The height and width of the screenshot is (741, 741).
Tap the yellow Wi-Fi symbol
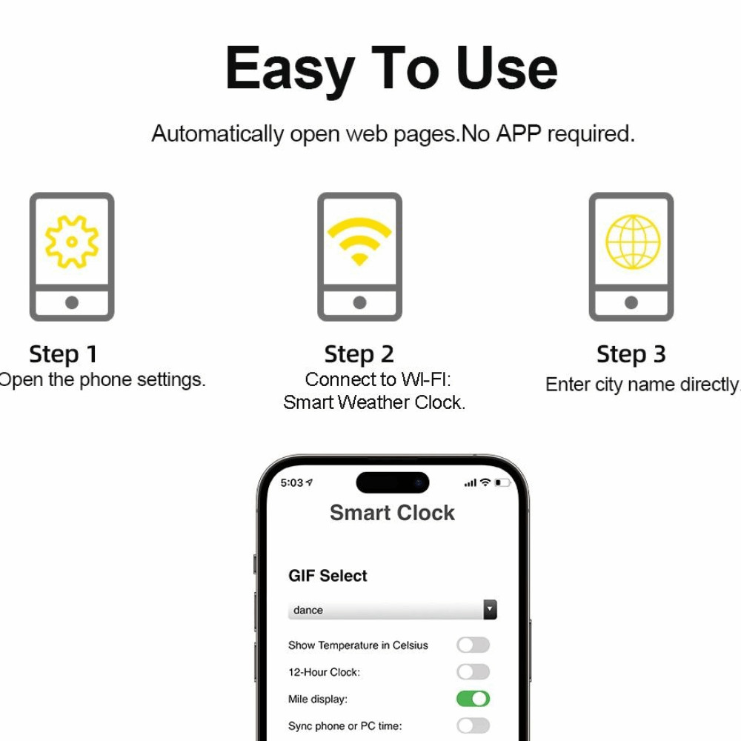tap(359, 241)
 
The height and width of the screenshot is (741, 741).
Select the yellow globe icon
tap(633, 242)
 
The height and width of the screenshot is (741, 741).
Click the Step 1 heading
tap(63, 354)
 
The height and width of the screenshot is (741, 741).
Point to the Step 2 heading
tap(359, 354)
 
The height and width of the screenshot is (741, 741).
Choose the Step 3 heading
tap(631, 354)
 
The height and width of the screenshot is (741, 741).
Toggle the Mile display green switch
tap(473, 699)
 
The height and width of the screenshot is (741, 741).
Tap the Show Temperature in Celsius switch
tap(473, 645)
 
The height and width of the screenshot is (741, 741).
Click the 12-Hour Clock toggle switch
tap(473, 671)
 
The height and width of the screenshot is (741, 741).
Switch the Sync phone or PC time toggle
tap(473, 725)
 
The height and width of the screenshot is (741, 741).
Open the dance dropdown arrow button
tap(490, 609)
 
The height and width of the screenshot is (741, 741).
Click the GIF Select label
tap(328, 576)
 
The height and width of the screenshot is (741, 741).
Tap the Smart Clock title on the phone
tap(392, 513)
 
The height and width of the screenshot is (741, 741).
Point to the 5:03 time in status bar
tap(291, 482)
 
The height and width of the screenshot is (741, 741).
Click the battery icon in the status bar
tap(502, 482)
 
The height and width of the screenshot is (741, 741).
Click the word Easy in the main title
tap(290, 68)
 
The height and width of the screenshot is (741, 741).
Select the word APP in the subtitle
tap(519, 133)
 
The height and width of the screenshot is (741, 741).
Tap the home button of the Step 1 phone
tap(72, 302)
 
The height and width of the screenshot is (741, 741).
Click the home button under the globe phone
tap(631, 302)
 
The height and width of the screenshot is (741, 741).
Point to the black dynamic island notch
tap(392, 482)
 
